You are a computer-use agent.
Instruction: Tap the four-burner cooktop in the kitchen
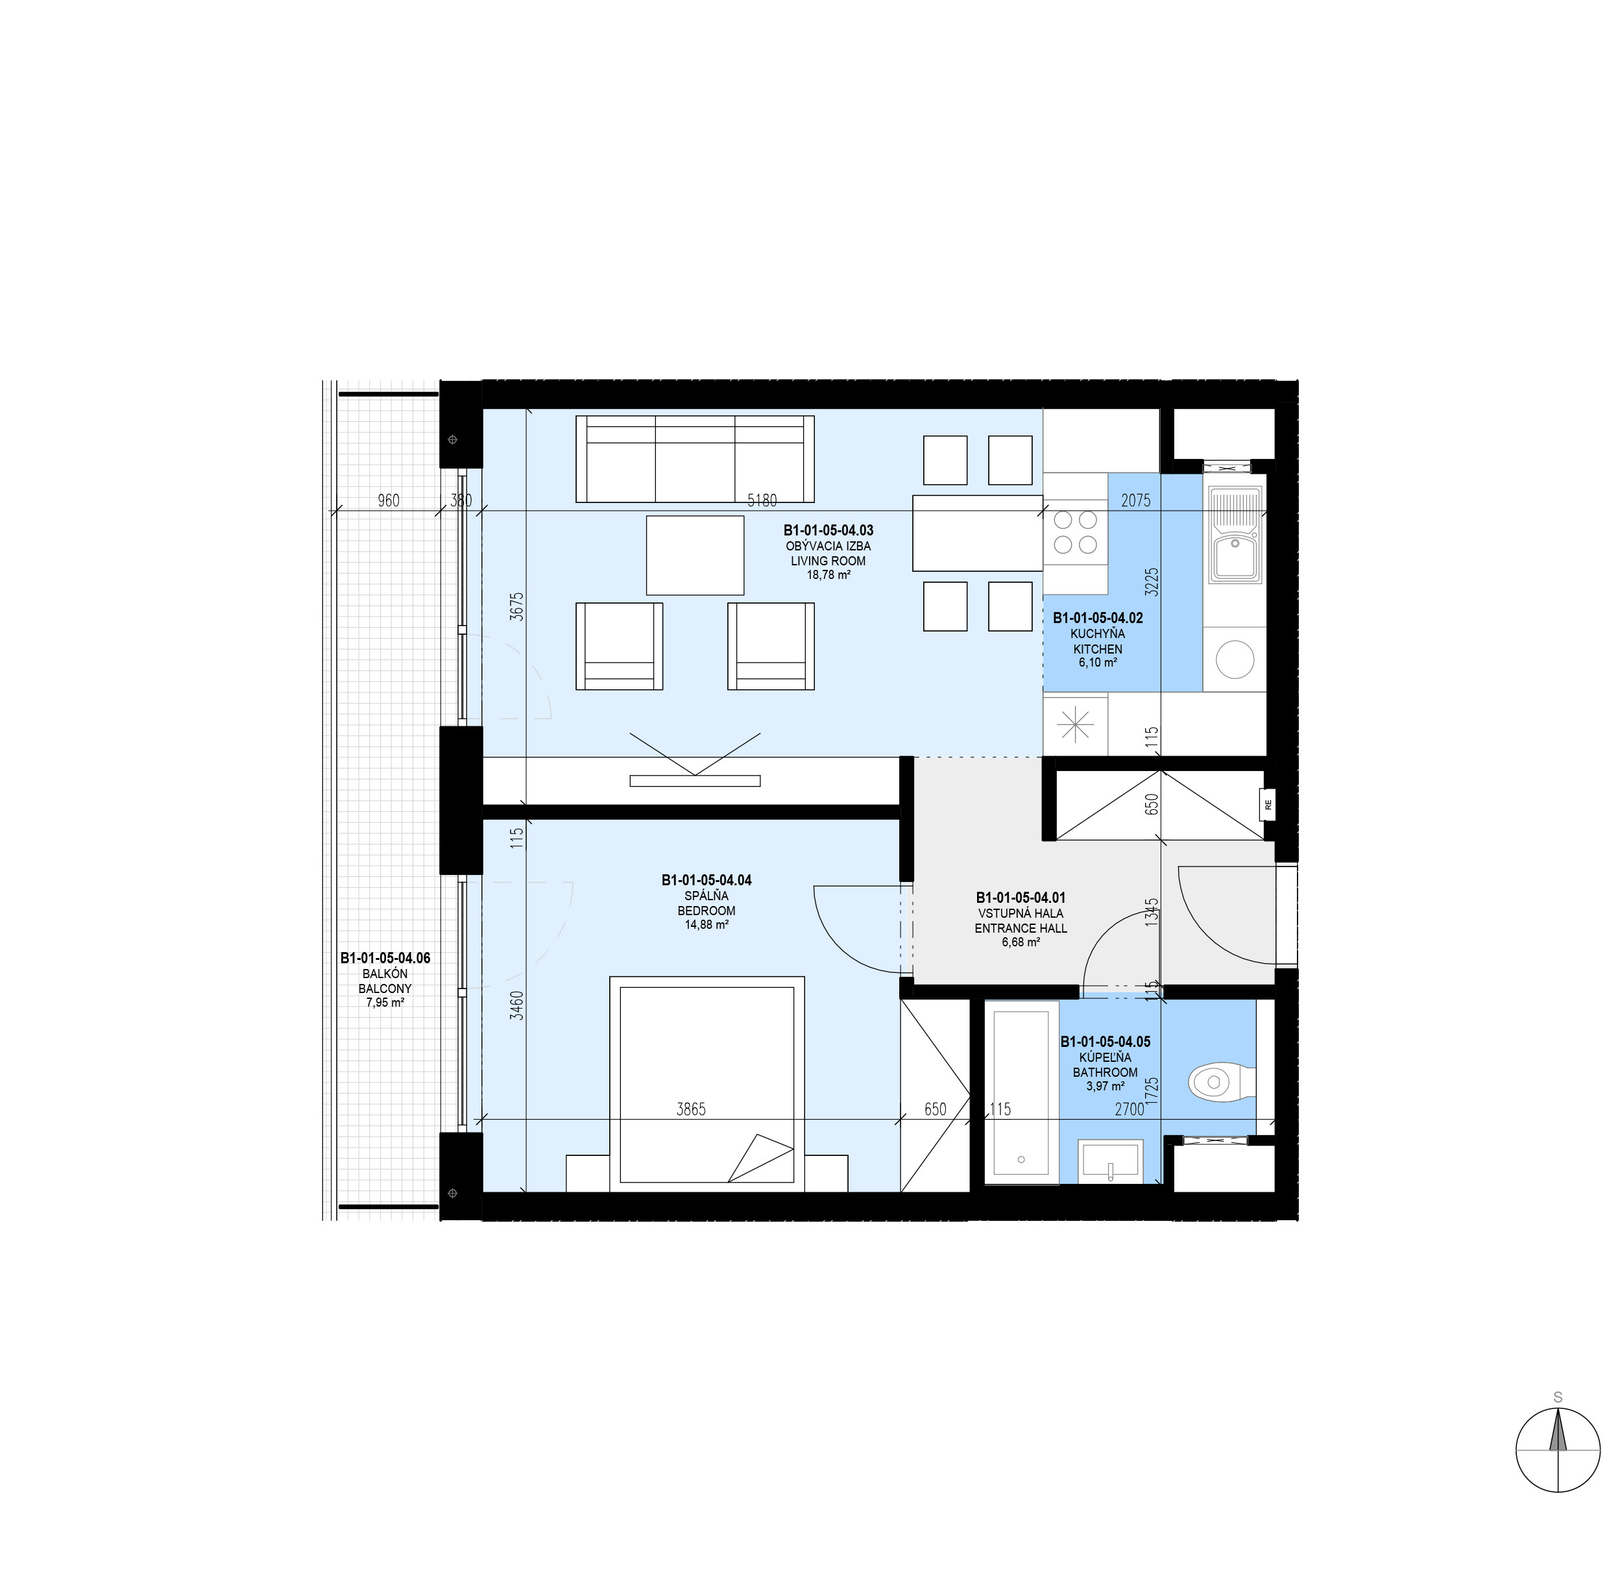[1075, 532]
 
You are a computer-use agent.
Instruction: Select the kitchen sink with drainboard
[1235, 534]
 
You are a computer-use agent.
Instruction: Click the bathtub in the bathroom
[1020, 1092]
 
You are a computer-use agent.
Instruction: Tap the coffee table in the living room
[695, 555]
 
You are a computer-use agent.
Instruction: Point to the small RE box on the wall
[1267, 805]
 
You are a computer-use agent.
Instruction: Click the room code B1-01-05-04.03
[828, 530]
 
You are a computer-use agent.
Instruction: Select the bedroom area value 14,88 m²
[707, 925]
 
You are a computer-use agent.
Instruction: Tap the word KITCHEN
[1098, 649]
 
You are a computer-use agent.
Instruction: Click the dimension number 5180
[762, 500]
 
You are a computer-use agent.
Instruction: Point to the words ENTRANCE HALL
[1021, 928]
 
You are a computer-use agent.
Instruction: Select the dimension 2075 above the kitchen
[1135, 500]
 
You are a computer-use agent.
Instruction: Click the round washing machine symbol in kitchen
[1235, 659]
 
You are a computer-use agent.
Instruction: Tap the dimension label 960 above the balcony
[388, 500]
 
